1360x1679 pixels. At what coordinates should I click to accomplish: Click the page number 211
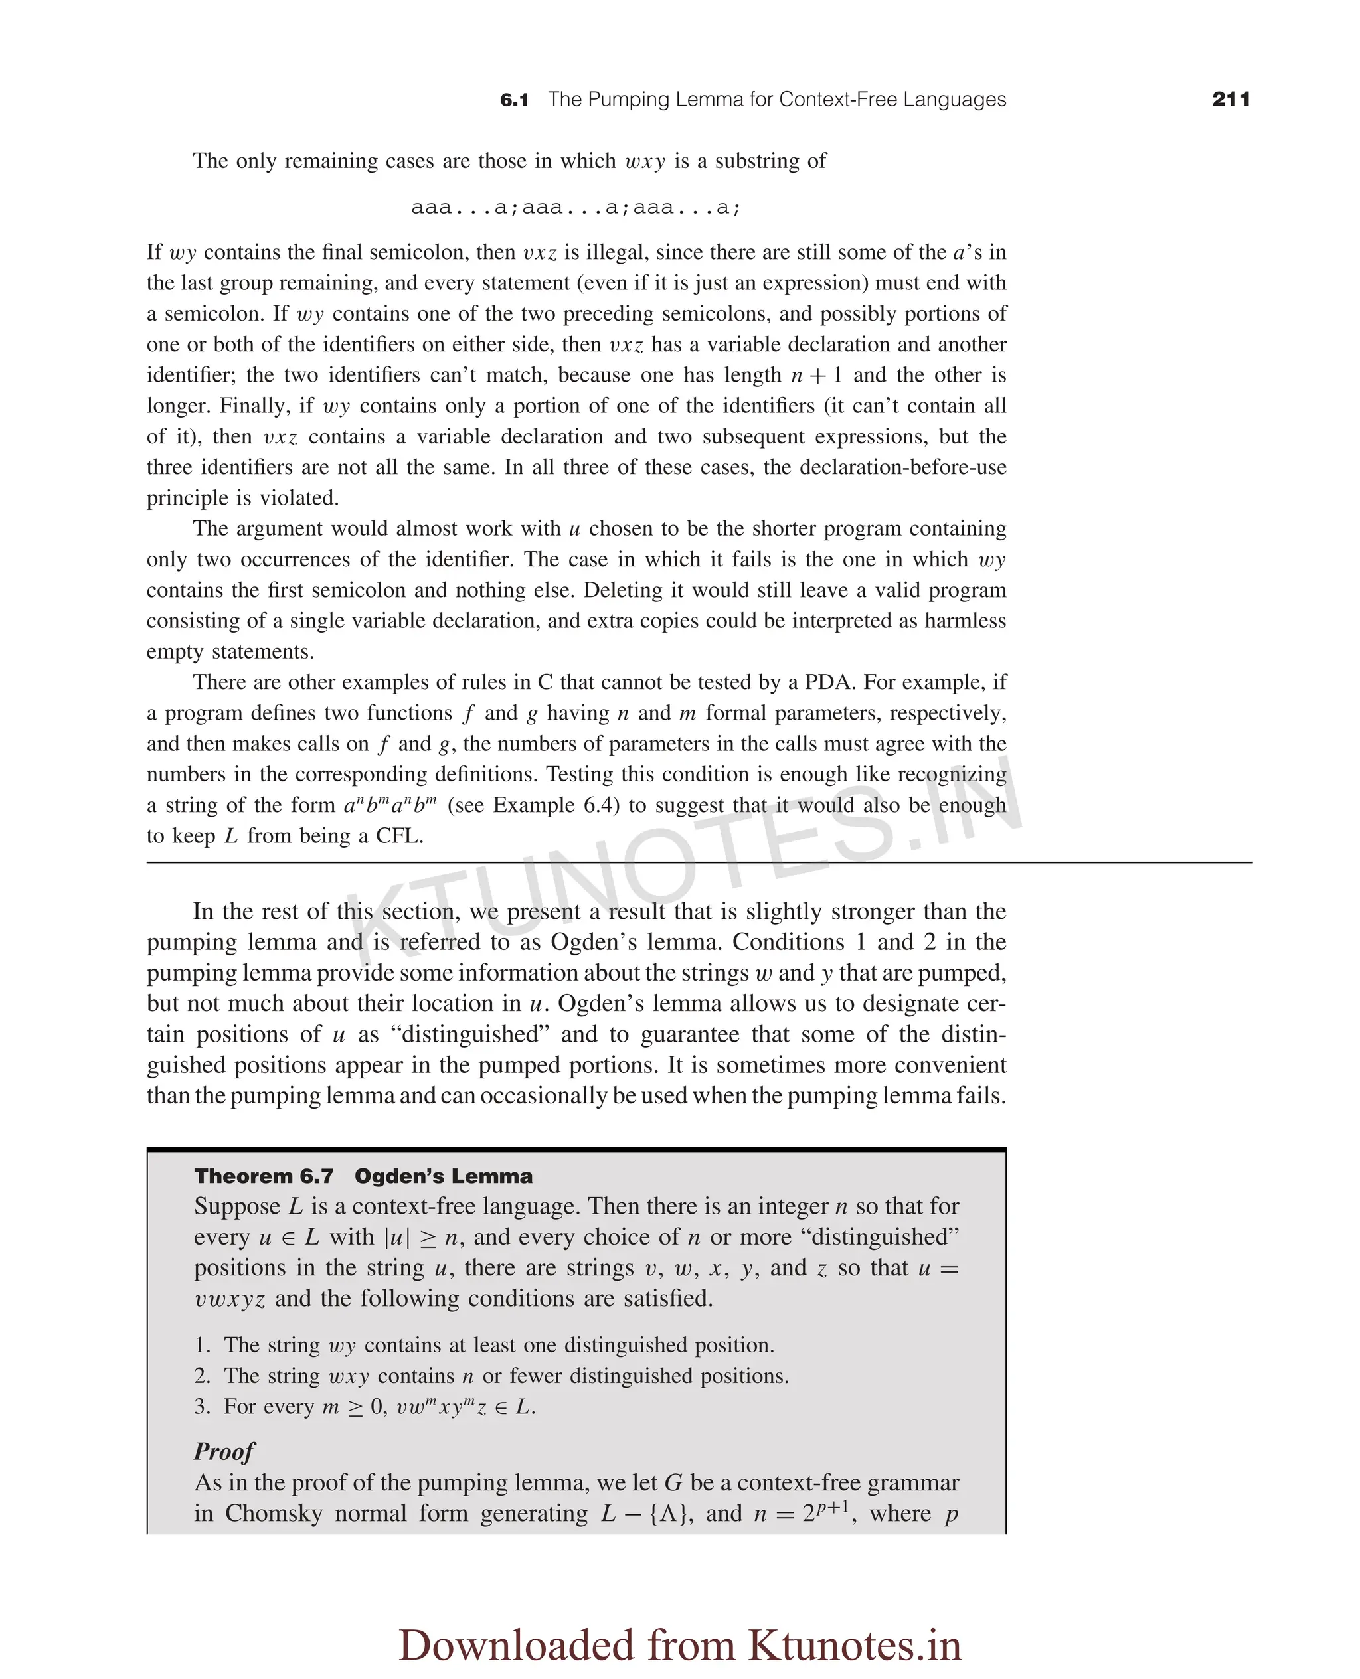[1230, 100]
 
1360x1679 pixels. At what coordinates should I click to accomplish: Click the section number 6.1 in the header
[514, 100]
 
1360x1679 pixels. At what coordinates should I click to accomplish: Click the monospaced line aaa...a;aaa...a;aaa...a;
[576, 208]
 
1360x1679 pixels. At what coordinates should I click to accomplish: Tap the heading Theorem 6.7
[264, 1176]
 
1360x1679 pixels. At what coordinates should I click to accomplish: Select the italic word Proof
[224, 1451]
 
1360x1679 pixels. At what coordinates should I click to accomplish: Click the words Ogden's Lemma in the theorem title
[444, 1176]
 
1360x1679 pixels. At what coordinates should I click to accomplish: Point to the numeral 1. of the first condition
[202, 1346]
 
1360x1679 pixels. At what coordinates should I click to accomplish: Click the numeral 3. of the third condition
[202, 1407]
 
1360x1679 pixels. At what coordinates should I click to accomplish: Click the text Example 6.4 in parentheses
[552, 805]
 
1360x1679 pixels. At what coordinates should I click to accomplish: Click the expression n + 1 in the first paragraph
[816, 375]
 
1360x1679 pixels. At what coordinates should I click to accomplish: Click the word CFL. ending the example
[400, 836]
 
